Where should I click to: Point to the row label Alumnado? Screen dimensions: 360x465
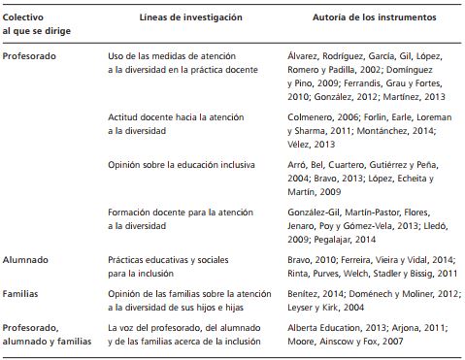point(27,260)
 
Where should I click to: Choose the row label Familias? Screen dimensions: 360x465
point(23,292)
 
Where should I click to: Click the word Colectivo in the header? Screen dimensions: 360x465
point(24,17)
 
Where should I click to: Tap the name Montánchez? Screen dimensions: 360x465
point(391,130)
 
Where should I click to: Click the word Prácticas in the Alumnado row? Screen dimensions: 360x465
point(127,260)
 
